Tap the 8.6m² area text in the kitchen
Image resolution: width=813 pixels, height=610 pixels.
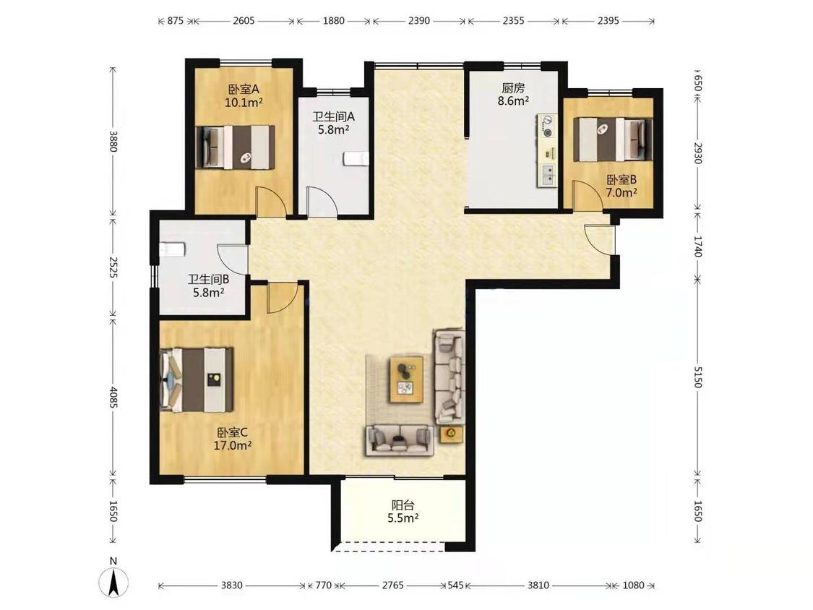coord(513,101)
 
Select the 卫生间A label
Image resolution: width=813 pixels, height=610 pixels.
coord(333,116)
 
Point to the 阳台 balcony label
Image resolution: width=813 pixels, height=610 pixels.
coord(403,504)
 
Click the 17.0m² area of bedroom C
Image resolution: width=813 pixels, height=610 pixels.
coord(233,445)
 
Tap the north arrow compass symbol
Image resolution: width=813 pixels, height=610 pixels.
coord(113,581)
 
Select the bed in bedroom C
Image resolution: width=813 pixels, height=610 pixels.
coord(197,380)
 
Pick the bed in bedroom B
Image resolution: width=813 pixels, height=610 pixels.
coord(613,139)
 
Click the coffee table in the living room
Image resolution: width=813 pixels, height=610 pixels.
coord(406,379)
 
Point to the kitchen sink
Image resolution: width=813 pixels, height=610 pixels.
coord(546,175)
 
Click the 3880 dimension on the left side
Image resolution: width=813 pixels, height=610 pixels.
coord(113,141)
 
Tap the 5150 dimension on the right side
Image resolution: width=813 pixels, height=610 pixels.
coord(697,377)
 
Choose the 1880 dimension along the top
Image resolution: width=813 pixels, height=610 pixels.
coord(333,21)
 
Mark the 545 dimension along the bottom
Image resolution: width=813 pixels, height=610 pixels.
coord(455,585)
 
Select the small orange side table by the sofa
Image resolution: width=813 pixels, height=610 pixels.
coord(451,434)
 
